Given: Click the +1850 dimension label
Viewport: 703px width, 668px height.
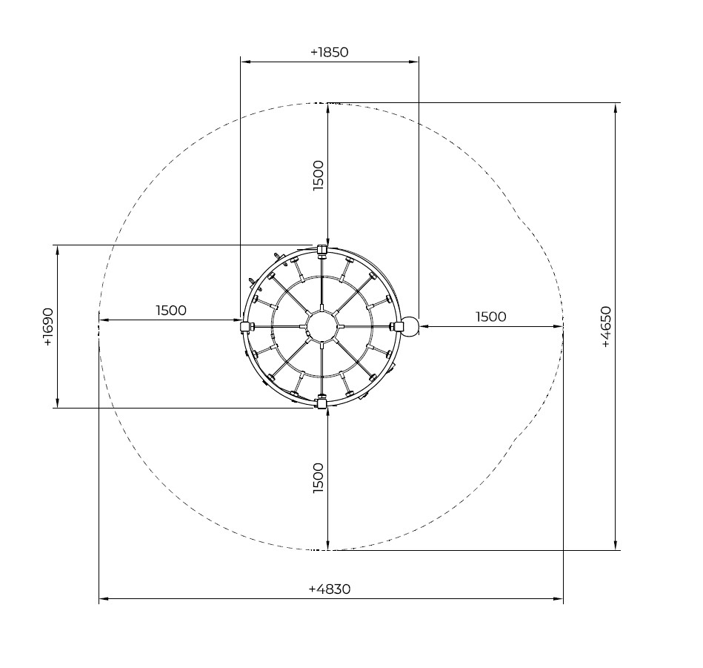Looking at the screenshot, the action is [329, 53].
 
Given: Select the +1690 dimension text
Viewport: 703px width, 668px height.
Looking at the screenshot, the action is [48, 327].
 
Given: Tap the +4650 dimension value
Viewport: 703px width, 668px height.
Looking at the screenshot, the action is [605, 327].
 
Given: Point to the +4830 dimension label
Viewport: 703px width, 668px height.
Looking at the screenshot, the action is [330, 589].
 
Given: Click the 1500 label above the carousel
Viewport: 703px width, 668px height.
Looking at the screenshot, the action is [318, 176].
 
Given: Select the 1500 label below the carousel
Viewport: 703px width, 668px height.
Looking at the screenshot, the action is [318, 478].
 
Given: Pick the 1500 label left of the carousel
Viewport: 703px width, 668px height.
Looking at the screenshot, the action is [171, 311].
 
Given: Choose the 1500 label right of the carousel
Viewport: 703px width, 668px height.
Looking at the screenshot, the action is [491, 317].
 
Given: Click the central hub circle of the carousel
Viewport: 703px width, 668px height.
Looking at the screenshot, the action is [321, 326].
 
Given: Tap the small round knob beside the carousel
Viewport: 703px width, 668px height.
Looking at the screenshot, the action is [410, 325].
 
